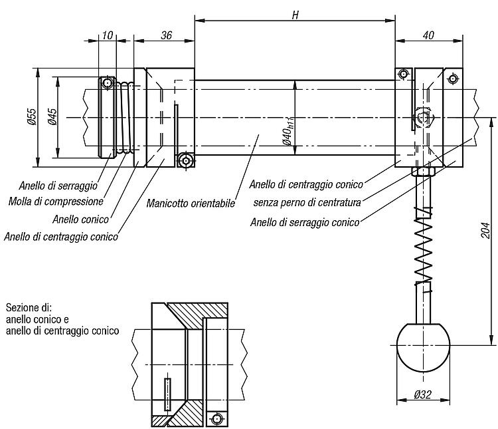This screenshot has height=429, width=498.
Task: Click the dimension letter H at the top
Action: coord(295,15)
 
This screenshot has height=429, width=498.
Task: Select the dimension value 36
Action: coord(166,35)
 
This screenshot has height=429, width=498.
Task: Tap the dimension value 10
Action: coord(108,35)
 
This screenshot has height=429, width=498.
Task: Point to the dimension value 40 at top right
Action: coord(428,35)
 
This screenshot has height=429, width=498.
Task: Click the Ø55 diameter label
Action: coord(32,116)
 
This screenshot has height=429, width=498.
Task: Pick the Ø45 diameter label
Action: coord(52,116)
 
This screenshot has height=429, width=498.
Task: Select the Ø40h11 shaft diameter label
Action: coord(288,130)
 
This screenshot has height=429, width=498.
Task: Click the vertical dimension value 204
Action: coord(485,230)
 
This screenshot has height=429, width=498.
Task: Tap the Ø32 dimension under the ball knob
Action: coord(423,394)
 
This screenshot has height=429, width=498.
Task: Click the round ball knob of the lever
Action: coord(424,348)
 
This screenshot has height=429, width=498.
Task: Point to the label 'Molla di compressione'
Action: coord(56,202)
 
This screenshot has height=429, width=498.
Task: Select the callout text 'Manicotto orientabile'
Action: coord(191,203)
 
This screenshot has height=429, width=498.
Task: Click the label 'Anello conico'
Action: coord(80,219)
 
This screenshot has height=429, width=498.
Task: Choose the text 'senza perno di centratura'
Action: coord(307,202)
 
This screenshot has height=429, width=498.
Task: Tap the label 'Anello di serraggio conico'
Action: coord(305,222)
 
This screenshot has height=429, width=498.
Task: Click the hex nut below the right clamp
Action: coord(423,172)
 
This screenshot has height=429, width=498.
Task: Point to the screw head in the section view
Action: coord(217,418)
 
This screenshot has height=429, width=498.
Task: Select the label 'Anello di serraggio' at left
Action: coord(58,186)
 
